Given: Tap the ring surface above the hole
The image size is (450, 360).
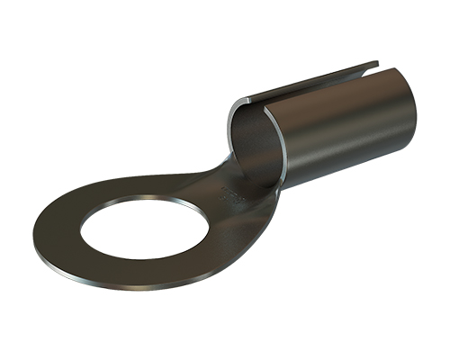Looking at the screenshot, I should point(135,189).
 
